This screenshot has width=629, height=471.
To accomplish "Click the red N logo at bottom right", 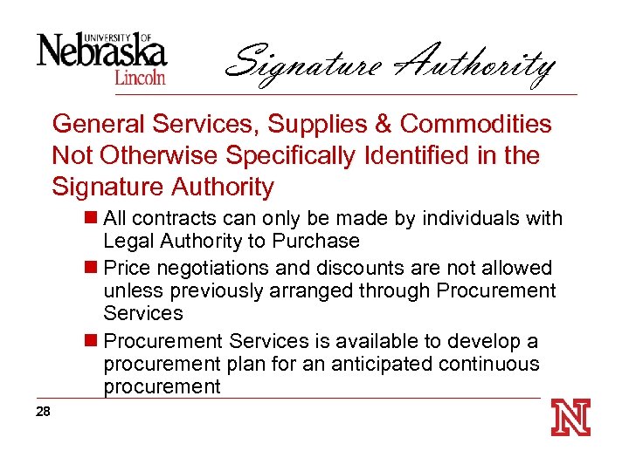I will pyautogui.click(x=570, y=418).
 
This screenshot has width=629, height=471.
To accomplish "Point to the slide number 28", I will pyautogui.click(x=44, y=413).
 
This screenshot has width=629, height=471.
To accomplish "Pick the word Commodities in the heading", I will pyautogui.click(x=476, y=125).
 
